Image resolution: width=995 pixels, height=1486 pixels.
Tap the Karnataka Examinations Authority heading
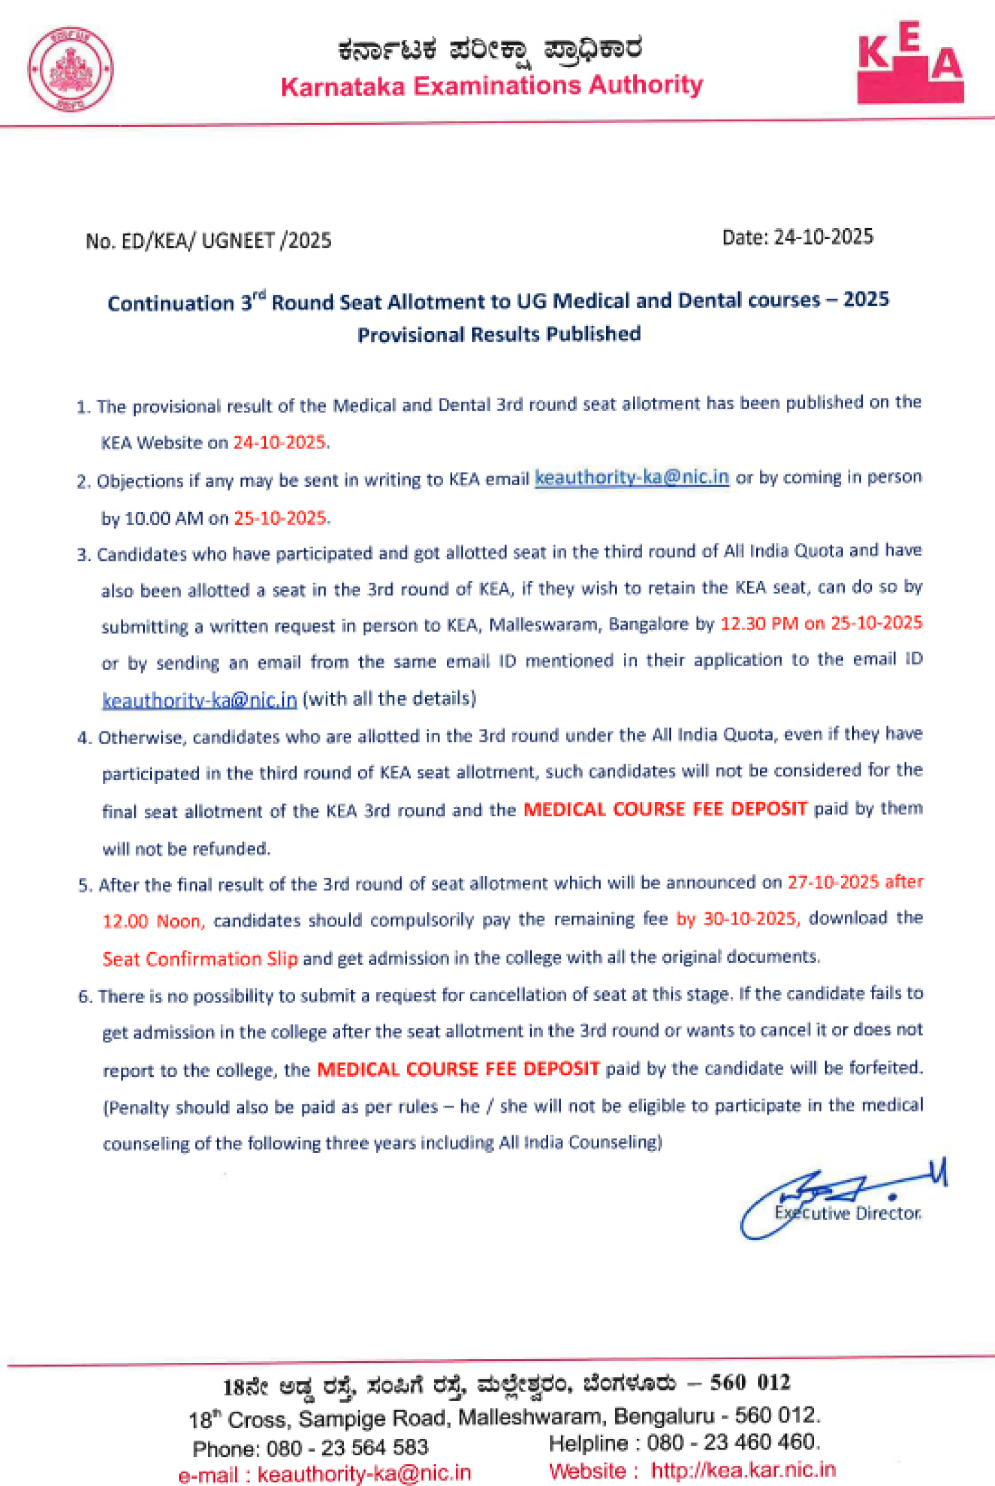(x=492, y=85)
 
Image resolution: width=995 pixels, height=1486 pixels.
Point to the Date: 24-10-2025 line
(x=797, y=237)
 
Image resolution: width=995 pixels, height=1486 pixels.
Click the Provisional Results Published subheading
(x=499, y=334)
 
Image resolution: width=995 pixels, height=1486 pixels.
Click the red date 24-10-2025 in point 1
(x=280, y=442)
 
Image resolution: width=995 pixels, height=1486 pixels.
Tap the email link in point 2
(x=631, y=478)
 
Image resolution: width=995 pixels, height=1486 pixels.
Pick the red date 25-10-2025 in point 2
(x=280, y=518)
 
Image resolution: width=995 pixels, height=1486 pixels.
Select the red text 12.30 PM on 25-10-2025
(x=821, y=623)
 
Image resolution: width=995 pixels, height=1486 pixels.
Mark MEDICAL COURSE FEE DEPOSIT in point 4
(x=664, y=809)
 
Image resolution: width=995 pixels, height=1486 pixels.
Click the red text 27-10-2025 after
(x=855, y=882)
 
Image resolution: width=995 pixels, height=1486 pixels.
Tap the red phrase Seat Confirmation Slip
(x=200, y=959)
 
